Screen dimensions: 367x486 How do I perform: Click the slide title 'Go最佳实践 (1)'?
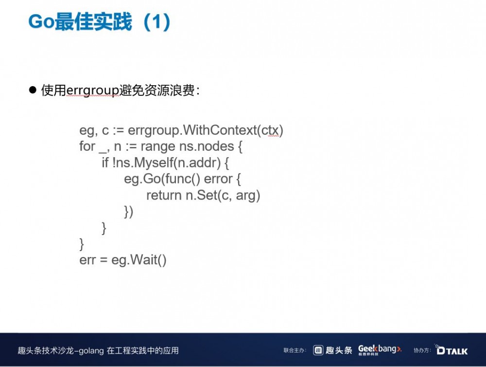(100, 22)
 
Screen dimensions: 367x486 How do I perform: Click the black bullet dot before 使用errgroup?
(33, 90)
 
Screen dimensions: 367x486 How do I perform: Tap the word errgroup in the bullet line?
(93, 91)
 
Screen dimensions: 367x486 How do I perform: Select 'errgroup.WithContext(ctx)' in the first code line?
(206, 130)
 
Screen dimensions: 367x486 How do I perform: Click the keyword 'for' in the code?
(87, 147)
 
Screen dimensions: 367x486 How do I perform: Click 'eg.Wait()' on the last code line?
(139, 260)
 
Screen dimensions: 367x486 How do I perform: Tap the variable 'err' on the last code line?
(87, 260)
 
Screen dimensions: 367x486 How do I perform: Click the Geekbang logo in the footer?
(380, 349)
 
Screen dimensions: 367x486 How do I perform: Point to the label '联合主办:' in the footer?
(295, 350)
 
